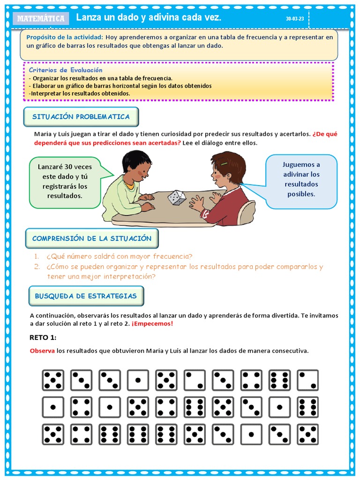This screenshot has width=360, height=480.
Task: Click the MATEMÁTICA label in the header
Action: [41, 19]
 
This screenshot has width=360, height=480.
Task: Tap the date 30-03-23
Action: [294, 19]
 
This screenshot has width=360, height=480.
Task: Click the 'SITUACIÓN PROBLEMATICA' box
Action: [81, 117]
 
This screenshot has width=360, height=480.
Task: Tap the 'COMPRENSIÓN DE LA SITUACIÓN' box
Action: [92, 239]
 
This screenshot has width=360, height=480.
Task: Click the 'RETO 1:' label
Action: [43, 337]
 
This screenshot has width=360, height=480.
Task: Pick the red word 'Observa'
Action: [42, 351]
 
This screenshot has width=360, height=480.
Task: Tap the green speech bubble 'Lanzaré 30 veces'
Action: [65, 181]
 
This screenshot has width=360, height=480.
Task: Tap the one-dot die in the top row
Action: [138, 380]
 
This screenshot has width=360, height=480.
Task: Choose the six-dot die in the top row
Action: [279, 380]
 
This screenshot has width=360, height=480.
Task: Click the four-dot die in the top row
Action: [251, 380]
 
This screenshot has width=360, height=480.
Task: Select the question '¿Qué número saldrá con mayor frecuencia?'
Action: [119, 256]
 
